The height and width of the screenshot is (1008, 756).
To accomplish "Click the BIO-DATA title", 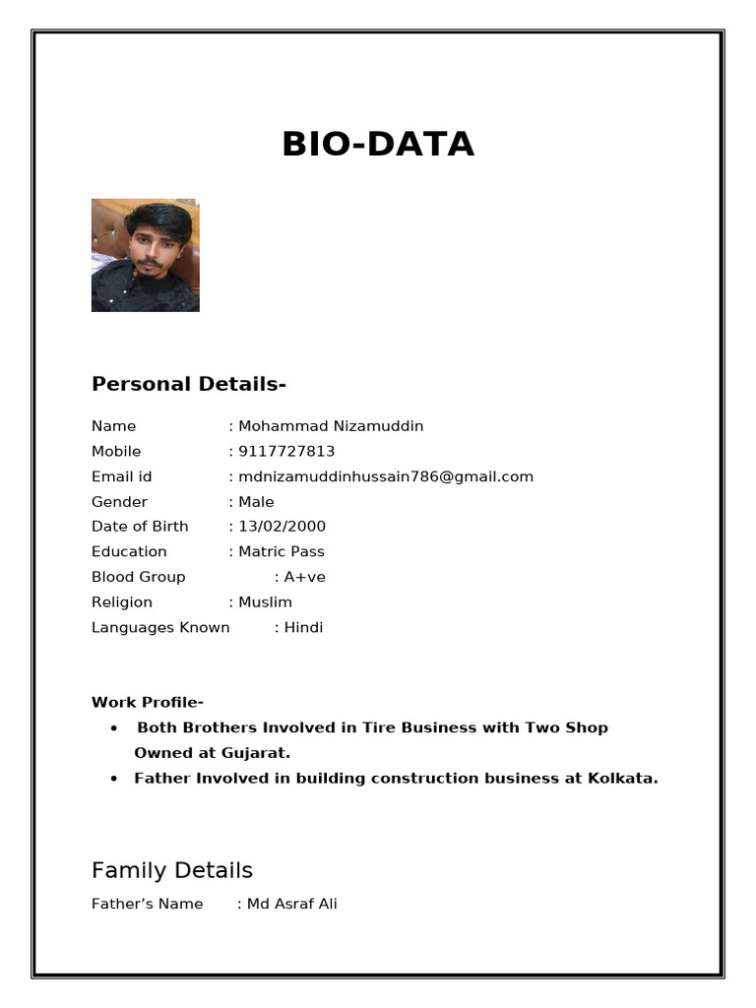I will [378, 144].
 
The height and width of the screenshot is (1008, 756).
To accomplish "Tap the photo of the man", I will [146, 255].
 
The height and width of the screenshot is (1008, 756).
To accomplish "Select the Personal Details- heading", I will [188, 384].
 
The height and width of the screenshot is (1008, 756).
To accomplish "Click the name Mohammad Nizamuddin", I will [331, 426].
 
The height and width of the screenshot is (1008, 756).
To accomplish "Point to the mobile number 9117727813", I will [286, 452].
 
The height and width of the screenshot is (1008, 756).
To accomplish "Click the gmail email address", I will [386, 476].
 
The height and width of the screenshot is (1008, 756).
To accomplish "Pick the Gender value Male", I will [256, 502].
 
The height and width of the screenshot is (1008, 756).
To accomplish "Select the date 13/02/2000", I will [282, 527].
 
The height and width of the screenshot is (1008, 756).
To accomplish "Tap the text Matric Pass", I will [281, 552].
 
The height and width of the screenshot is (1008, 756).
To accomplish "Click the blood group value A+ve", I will [304, 577].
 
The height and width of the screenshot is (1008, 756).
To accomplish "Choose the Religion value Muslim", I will [265, 602].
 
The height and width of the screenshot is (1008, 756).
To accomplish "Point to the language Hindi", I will [303, 628].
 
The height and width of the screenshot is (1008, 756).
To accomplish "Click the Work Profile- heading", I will [148, 703].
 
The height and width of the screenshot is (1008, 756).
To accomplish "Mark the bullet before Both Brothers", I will [115, 728].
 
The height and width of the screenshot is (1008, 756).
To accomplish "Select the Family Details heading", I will [172, 870].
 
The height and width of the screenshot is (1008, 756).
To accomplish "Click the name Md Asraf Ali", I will [291, 904].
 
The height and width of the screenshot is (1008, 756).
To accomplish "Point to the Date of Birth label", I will [140, 527].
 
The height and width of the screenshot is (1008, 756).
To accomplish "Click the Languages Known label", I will [160, 628].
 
